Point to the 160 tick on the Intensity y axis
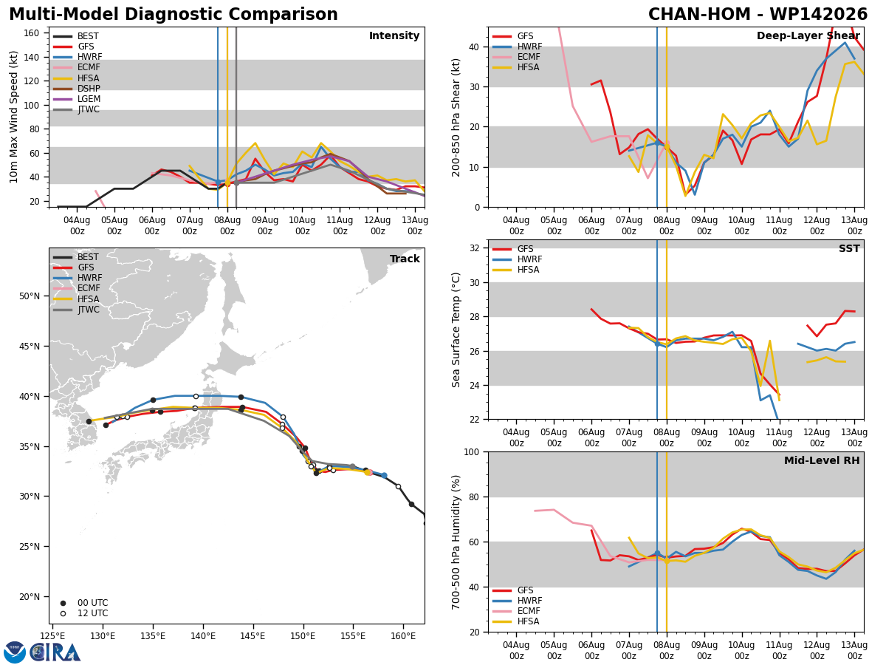coord(31,33)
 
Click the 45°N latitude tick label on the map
coord(30,347)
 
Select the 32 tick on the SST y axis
coord(474,248)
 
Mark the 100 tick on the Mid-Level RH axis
coord(472,452)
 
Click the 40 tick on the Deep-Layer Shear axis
coord(474,47)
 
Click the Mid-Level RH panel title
coord(822,460)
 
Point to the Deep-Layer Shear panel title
coord(808,36)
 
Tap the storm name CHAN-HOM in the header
coord(698,14)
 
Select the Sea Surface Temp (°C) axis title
coord(456,330)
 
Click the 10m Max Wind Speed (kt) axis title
coord(13,117)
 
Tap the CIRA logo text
coord(55,652)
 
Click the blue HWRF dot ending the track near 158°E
coord(384,476)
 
